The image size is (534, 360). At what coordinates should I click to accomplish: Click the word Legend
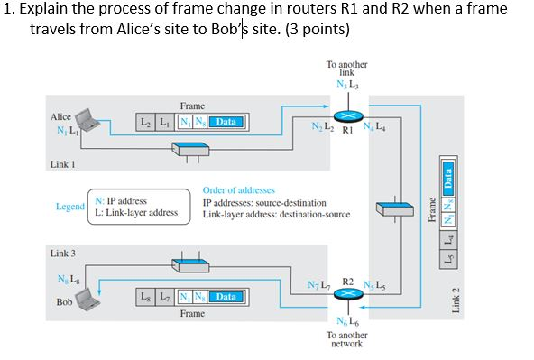click(69, 207)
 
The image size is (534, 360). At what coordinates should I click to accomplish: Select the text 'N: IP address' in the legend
click(121, 201)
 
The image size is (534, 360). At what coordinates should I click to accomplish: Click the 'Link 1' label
click(62, 164)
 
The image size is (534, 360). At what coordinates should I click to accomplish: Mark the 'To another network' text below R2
click(346, 338)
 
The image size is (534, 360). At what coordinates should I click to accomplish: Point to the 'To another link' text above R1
click(346, 69)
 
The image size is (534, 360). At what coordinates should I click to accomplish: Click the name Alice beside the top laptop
click(60, 117)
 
